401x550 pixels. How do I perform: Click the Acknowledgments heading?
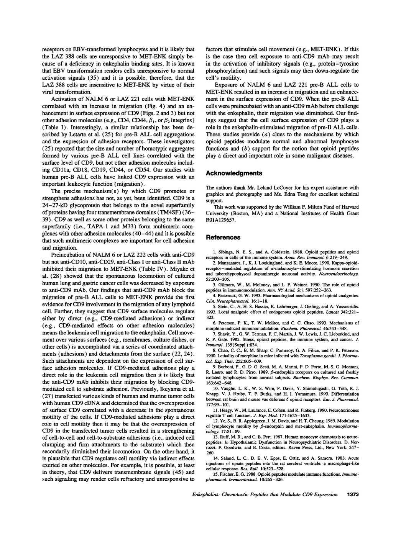coord(234,173)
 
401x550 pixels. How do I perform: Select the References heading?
coord(223,237)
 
